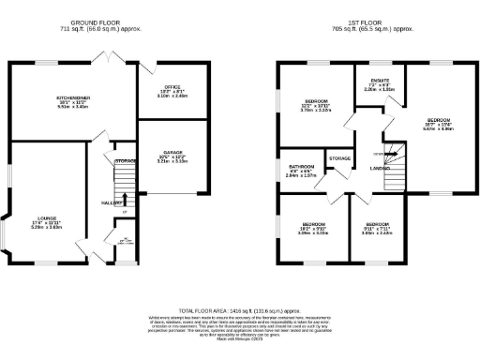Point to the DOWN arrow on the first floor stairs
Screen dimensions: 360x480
(380, 153)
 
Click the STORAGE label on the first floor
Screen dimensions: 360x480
(340, 158)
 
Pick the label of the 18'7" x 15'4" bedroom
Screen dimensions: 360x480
(439, 121)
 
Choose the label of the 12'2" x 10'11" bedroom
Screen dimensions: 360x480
(314, 101)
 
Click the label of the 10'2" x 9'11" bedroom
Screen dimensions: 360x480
(312, 225)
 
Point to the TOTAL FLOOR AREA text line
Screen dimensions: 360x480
(240, 309)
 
